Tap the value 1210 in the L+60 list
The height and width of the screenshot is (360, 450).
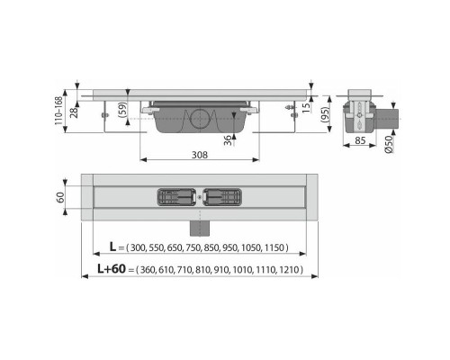click(289, 269)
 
